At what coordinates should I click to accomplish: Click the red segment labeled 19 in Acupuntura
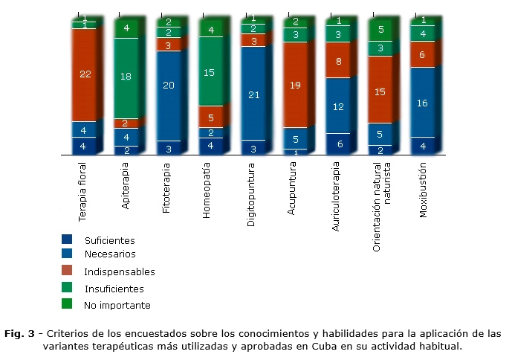295,85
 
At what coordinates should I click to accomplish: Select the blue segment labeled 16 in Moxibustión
422,102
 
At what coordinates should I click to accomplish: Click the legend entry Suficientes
109,240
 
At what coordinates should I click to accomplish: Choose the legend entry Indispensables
120,272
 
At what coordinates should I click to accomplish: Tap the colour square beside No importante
67,303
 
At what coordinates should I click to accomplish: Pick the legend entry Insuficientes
114,289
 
